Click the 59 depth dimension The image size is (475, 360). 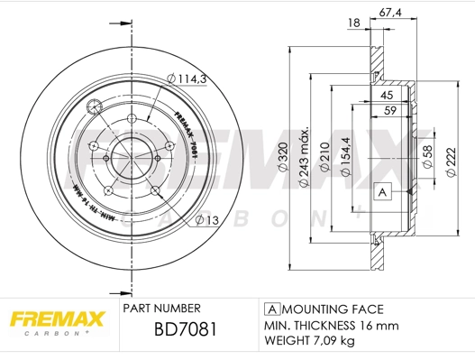coord(390,112)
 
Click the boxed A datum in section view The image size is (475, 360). coord(382,192)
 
